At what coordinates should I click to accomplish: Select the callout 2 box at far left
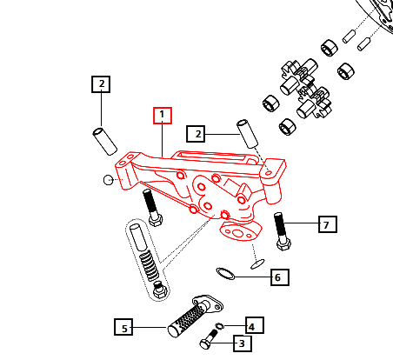click(x=102, y=84)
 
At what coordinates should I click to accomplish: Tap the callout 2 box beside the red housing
click(x=199, y=134)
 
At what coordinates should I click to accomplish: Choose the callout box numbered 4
click(x=251, y=327)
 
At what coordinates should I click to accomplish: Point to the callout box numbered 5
click(x=125, y=328)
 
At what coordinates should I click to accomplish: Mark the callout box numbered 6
click(x=277, y=277)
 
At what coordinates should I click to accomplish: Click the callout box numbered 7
click(x=326, y=225)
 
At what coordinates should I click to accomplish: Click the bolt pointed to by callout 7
click(x=280, y=230)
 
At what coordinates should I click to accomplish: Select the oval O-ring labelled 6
click(x=224, y=275)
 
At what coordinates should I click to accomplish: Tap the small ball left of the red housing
click(x=108, y=180)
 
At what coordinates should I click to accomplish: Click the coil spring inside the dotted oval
click(x=147, y=260)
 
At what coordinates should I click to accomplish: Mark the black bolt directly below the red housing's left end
click(x=153, y=209)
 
